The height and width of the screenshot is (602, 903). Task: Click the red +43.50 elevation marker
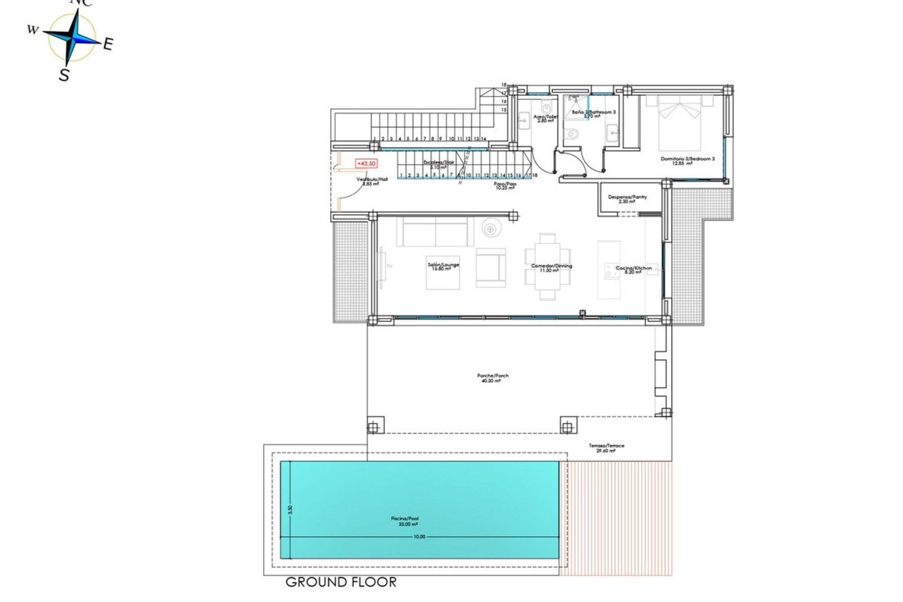(x=366, y=164)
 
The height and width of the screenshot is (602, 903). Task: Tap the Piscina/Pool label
(x=404, y=521)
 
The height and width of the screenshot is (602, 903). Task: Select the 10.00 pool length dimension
(x=419, y=537)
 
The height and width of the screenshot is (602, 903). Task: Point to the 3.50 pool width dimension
(x=290, y=510)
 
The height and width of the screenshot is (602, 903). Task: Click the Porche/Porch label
(x=492, y=378)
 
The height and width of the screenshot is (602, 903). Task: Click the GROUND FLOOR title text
(x=341, y=582)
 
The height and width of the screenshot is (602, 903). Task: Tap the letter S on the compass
(x=64, y=74)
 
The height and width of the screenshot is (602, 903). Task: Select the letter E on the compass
(x=108, y=45)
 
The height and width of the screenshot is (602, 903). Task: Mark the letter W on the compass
(x=32, y=30)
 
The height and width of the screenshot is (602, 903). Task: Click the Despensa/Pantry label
(x=627, y=198)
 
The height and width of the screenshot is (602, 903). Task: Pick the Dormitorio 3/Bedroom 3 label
(x=687, y=160)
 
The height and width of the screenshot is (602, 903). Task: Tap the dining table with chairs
(x=547, y=267)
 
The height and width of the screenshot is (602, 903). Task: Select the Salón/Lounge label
(x=443, y=266)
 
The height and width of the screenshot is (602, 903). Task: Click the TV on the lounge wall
(x=382, y=266)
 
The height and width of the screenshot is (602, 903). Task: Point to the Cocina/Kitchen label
(x=634, y=269)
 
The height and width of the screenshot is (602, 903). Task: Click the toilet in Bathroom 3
(x=572, y=135)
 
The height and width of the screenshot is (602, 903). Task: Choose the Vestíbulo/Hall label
(x=372, y=181)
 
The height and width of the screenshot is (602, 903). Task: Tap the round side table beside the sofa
(x=491, y=229)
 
